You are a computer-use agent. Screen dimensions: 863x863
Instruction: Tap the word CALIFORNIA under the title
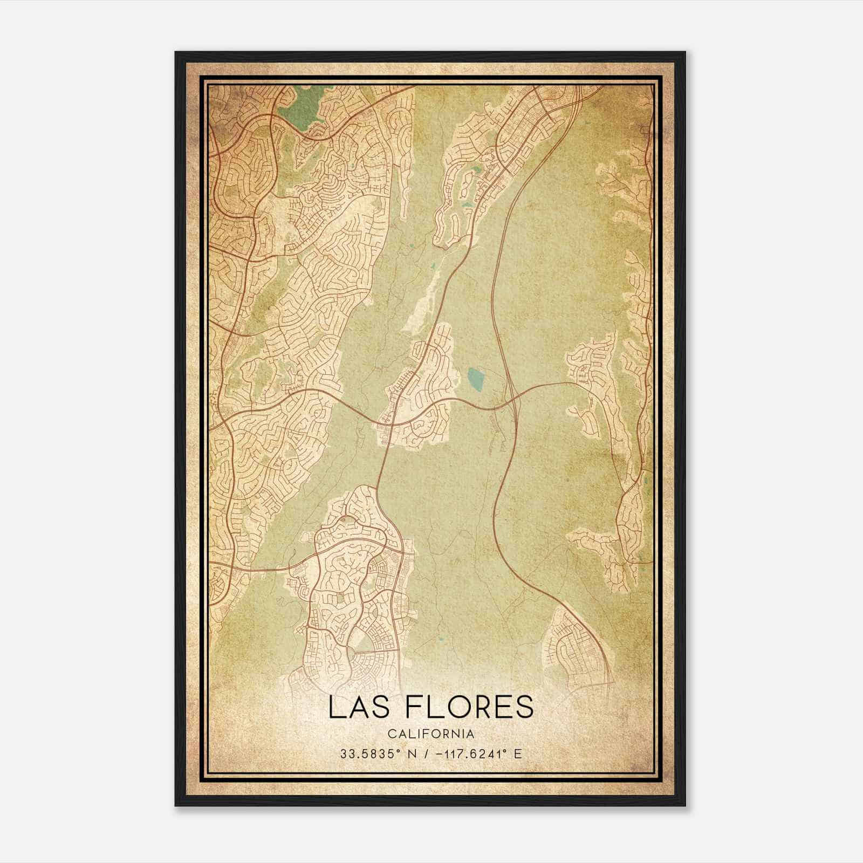[431, 734]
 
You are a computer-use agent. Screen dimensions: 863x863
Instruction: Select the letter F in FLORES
[414, 708]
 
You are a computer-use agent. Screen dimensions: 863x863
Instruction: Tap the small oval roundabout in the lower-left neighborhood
[342, 519]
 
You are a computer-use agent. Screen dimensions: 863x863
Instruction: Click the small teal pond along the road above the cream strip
[434, 266]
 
